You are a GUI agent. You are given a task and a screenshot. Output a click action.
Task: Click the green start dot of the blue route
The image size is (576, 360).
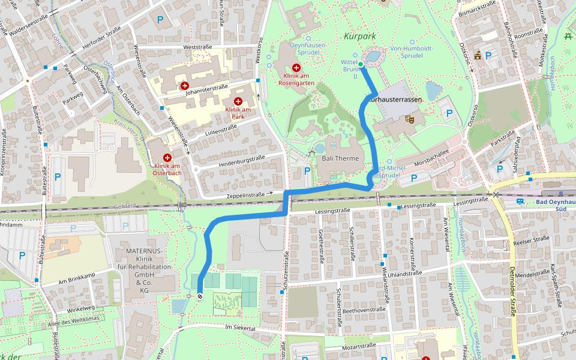coord(361,64)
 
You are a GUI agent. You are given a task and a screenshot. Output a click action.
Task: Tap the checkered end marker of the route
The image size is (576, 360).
coord(200,296)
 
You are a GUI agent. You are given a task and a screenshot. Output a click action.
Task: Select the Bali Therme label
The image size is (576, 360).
coord(340,158)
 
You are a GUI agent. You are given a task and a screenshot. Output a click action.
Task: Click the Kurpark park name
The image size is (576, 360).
coord(360,36)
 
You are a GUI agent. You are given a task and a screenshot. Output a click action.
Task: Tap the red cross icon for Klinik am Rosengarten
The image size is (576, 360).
coord(296,68)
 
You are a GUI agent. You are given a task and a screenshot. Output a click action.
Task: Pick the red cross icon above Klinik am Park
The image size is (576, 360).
coord(238,101)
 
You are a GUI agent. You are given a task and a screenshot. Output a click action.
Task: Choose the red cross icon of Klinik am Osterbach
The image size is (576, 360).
coord(167,157)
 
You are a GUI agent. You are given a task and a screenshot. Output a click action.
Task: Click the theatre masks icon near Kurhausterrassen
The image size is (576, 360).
coord(410,119)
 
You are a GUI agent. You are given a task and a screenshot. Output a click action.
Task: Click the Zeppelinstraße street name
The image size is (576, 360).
coord(245,196)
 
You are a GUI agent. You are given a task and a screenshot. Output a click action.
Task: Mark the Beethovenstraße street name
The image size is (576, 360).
coord(364,310)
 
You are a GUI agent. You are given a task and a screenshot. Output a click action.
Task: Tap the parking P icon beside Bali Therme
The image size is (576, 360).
coord(308,171)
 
